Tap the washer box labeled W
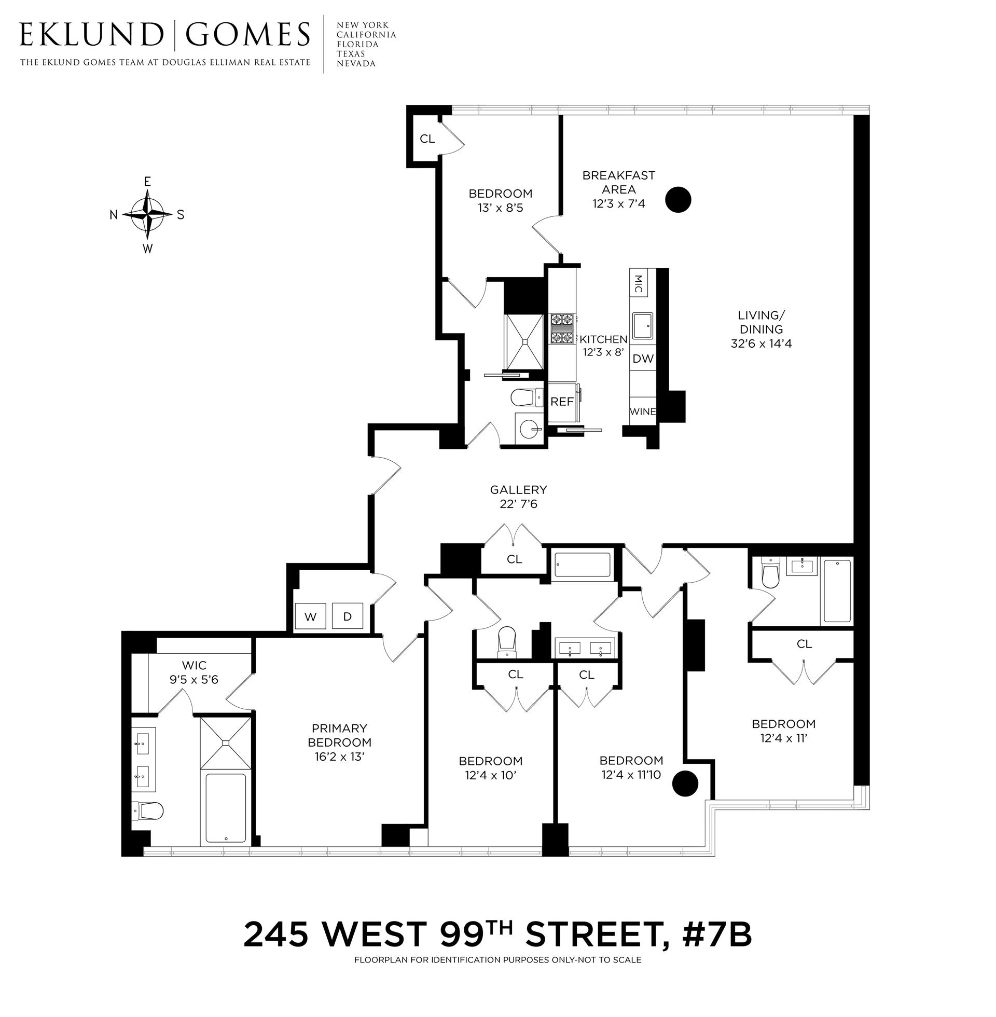point(310,616)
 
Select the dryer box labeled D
point(348,616)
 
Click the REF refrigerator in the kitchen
point(562,402)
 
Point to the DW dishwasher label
point(643,359)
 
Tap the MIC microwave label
point(639,284)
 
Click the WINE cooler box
point(642,411)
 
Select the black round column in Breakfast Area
point(678,199)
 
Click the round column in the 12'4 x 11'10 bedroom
point(685,783)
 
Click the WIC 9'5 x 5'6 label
point(194,672)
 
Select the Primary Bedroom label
point(339,735)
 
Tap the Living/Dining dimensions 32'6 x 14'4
point(760,343)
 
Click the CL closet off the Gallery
point(514,559)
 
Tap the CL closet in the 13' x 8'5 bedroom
point(427,139)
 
